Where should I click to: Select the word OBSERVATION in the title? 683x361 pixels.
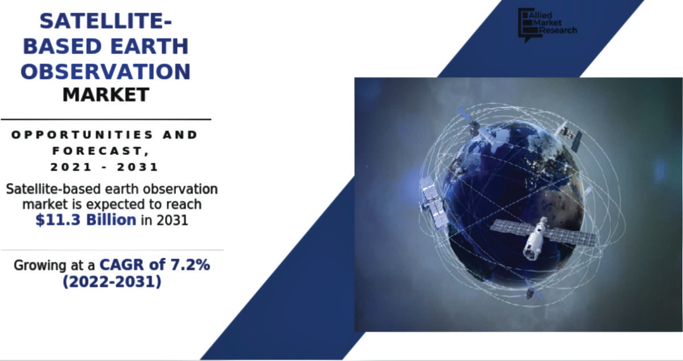click(x=105, y=71)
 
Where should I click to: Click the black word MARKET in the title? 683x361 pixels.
click(x=106, y=95)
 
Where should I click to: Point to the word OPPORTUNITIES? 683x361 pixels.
click(x=83, y=135)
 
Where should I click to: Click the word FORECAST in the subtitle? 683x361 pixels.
click(x=97, y=151)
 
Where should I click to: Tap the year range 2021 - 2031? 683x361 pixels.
click(x=104, y=167)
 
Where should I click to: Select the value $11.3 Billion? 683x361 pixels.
click(x=86, y=220)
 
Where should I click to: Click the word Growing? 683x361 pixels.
click(x=40, y=265)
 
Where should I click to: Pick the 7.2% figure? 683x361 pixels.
click(x=190, y=265)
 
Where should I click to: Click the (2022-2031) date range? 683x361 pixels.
click(x=112, y=281)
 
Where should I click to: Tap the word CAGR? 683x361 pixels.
click(x=122, y=265)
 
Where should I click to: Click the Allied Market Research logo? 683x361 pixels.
click(x=547, y=25)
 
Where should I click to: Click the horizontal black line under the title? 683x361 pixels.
click(x=106, y=120)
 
